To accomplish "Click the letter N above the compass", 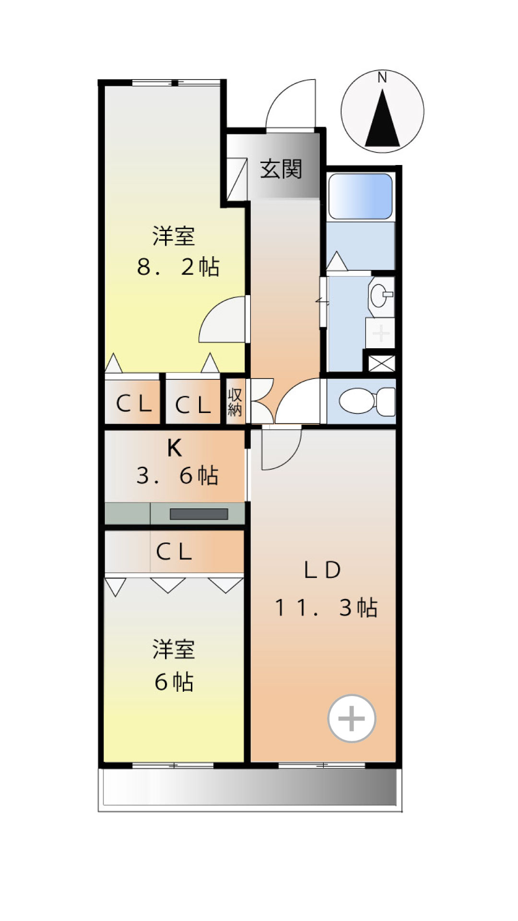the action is coord(382,77).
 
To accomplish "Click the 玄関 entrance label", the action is coord(281,169).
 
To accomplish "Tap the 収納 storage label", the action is coord(235,402).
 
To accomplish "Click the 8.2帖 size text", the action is coord(178,267).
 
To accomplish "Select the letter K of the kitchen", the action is coord(174,449).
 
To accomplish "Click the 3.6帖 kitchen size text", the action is coord(177,475).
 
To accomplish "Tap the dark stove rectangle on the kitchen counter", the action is coord(199,514).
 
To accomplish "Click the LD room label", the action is coord(322,570).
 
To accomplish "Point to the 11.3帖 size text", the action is coord(326,608).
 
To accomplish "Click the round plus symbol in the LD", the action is coord(352,719).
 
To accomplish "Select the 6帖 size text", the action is coord(174,682).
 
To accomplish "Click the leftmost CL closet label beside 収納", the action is coord(134,404).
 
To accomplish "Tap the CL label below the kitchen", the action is coord(174,552).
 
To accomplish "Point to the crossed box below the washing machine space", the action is coord(382,363).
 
